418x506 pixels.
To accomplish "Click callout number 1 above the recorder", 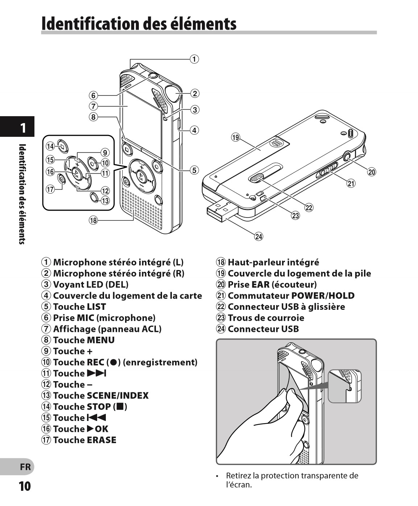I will (x=195, y=59).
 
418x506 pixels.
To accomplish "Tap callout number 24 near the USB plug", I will (x=258, y=236).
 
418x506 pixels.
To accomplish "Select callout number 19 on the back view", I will (x=236, y=137).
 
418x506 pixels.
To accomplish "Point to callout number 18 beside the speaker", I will (x=94, y=220).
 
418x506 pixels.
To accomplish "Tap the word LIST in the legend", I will (x=96, y=307).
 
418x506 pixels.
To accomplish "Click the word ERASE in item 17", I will (x=102, y=440).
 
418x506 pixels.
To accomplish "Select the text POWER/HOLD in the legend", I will (x=323, y=296).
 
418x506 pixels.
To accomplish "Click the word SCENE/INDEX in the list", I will (x=118, y=396).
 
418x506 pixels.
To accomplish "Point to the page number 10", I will (x=25, y=486).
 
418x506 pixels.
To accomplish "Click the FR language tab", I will (x=25, y=467).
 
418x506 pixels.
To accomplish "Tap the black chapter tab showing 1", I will (x=22, y=127).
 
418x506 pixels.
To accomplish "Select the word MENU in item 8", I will (x=101, y=340).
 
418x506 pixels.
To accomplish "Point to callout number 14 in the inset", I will (x=50, y=146).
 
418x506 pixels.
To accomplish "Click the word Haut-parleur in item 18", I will (x=250, y=262).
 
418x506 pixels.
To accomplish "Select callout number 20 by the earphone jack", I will (x=372, y=172).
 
